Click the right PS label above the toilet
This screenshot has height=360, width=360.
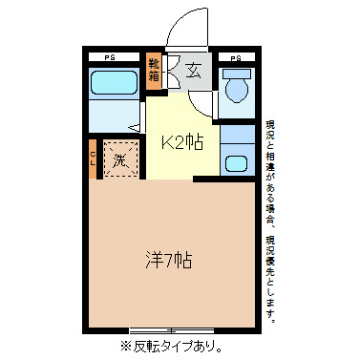coord(236,57)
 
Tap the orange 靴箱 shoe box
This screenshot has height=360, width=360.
coord(154,72)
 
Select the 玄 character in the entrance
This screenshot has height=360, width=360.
coord(193,71)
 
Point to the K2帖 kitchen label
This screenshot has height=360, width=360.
coord(180,143)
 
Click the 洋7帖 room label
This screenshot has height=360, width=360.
coord(170,258)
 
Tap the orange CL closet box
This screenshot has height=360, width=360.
coord(94,158)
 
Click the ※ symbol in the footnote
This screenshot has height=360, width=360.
coord(124,346)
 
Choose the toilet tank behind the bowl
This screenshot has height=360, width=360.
coord(236,73)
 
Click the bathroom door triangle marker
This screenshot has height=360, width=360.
coord(134,126)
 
